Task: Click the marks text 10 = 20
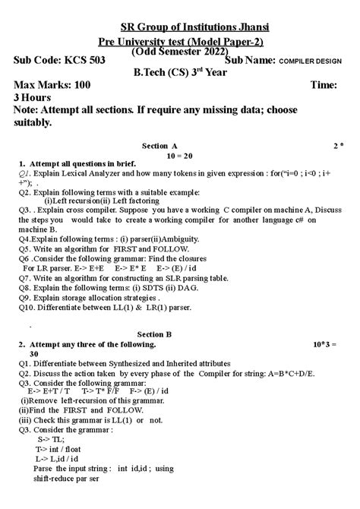(178, 154)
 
